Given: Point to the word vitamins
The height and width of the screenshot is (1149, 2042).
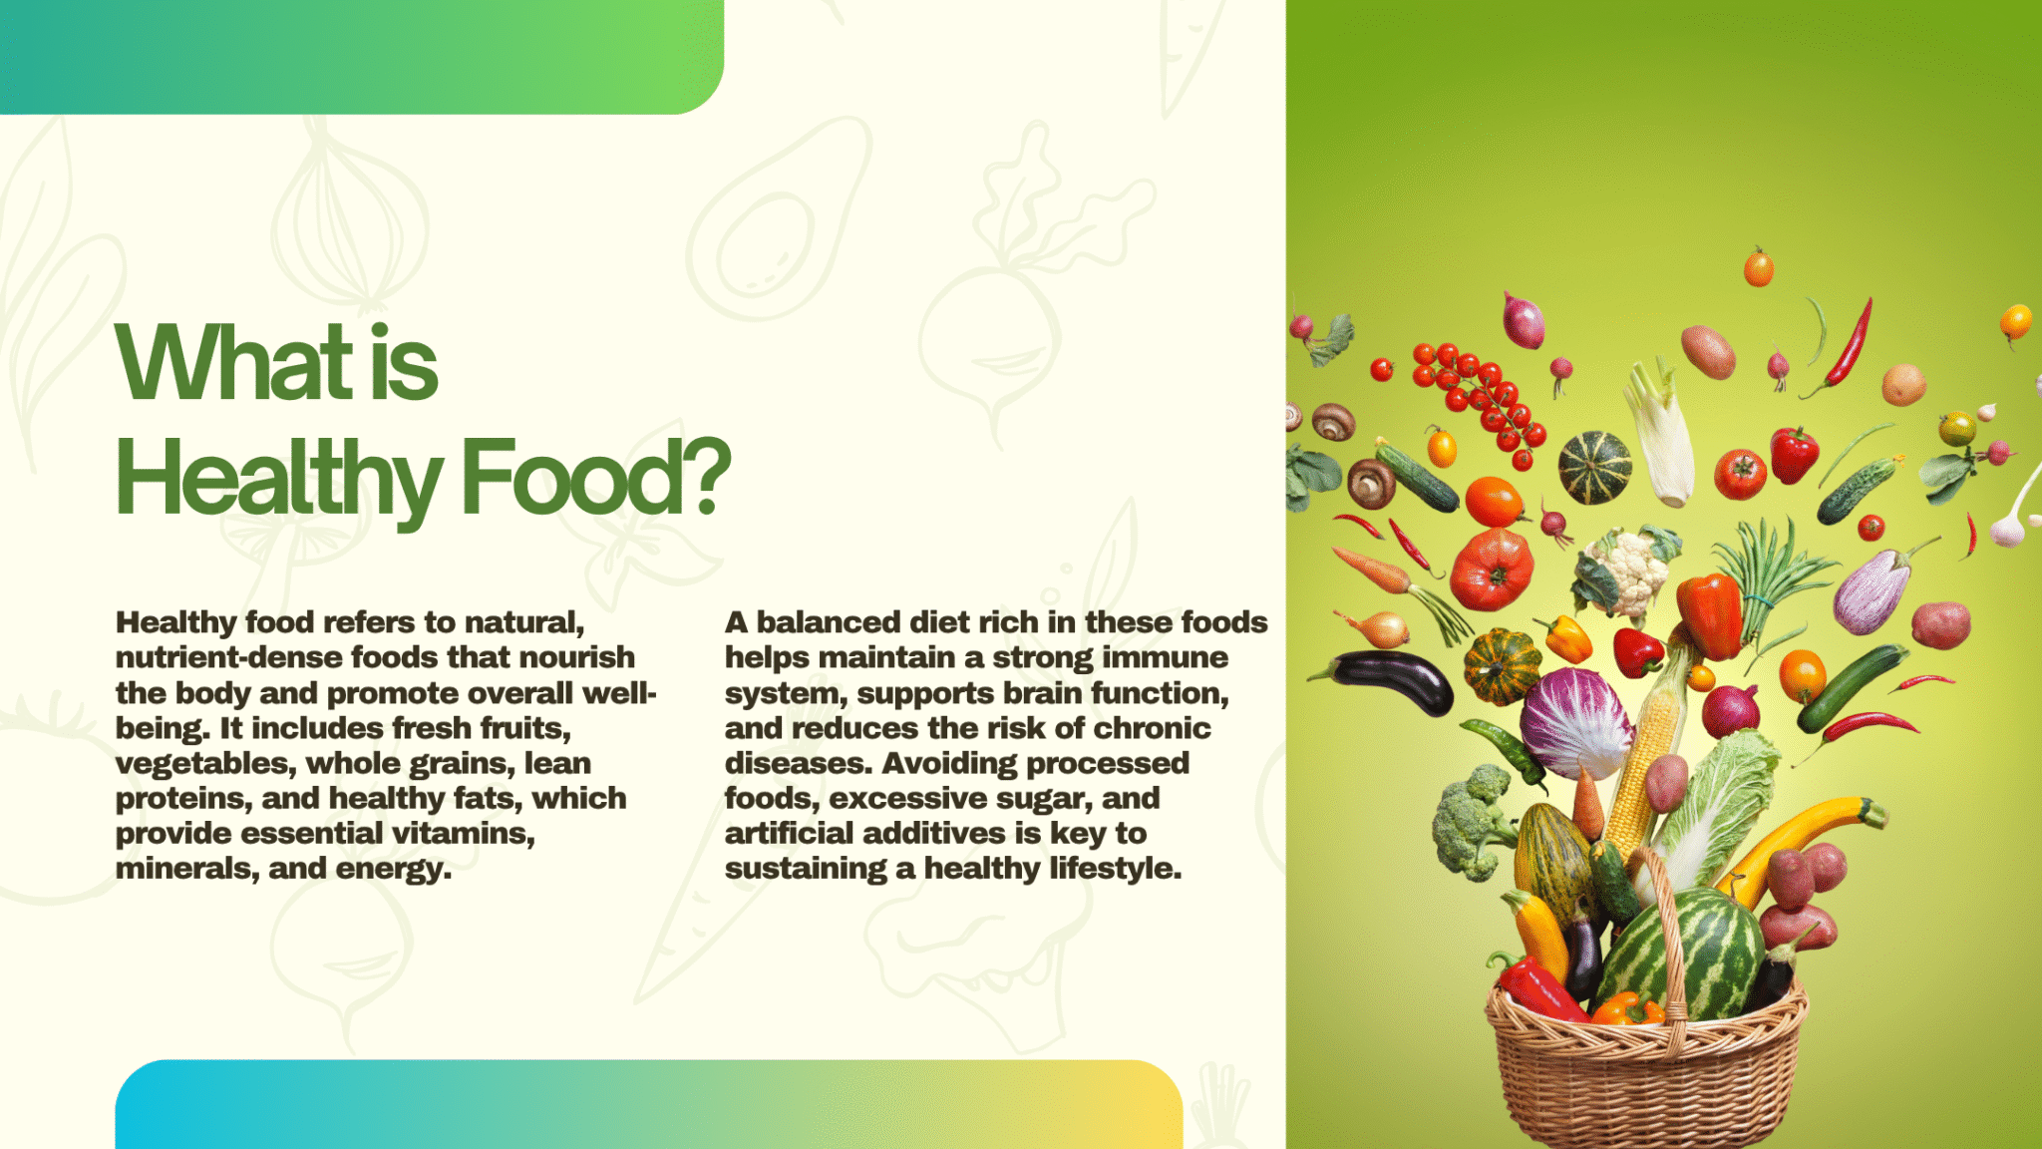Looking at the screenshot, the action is pos(464,833).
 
